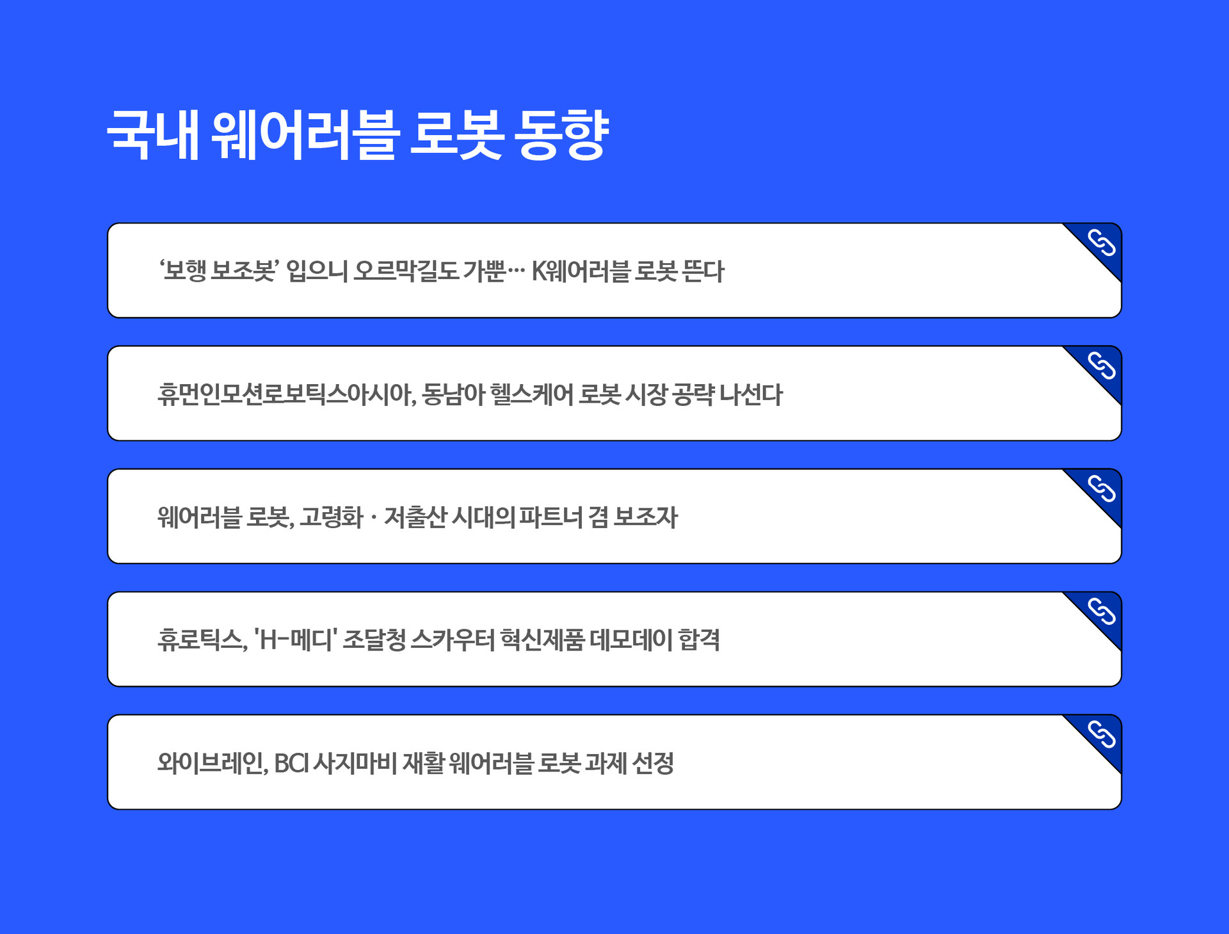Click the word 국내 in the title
tap(154, 134)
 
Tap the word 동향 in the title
tap(561, 134)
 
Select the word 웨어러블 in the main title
tap(305, 134)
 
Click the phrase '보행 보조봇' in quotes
tap(218, 271)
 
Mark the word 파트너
tap(551, 517)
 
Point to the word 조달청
tap(374, 640)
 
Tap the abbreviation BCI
tap(291, 762)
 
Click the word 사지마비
tap(355, 762)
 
